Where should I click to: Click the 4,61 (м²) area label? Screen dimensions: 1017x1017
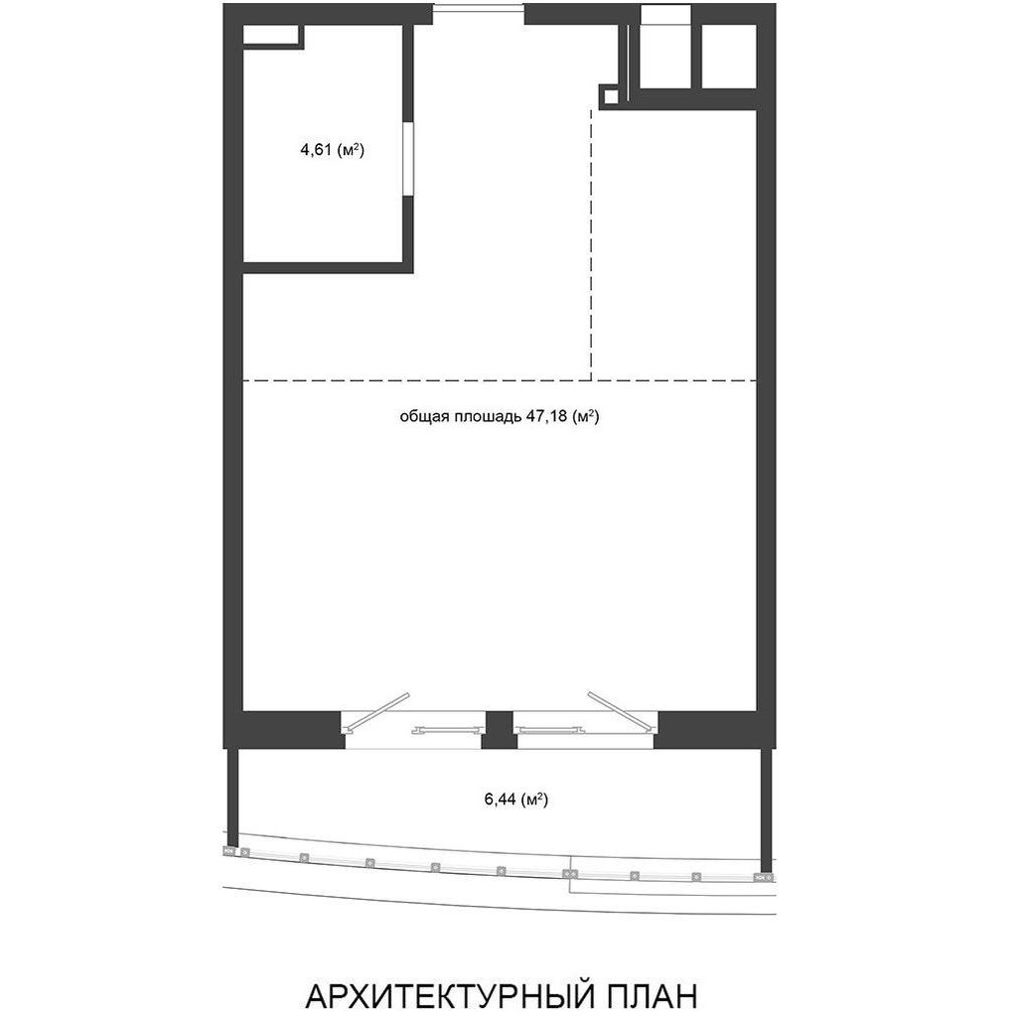(332, 151)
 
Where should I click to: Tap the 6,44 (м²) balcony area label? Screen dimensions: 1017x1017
(516, 799)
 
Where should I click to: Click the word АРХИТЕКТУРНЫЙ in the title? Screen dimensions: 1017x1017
(447, 995)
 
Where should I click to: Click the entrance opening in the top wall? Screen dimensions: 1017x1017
(478, 14)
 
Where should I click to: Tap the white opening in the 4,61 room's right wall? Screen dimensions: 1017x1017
(407, 158)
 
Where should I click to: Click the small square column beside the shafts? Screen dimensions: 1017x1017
(610, 96)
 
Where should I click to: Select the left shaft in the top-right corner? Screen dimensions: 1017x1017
(666, 56)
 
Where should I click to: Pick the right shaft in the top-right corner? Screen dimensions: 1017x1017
(729, 56)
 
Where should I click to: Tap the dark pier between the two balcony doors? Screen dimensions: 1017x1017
(500, 730)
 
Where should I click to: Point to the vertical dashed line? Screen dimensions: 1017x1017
(591, 244)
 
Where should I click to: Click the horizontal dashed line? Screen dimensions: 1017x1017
(501, 380)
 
